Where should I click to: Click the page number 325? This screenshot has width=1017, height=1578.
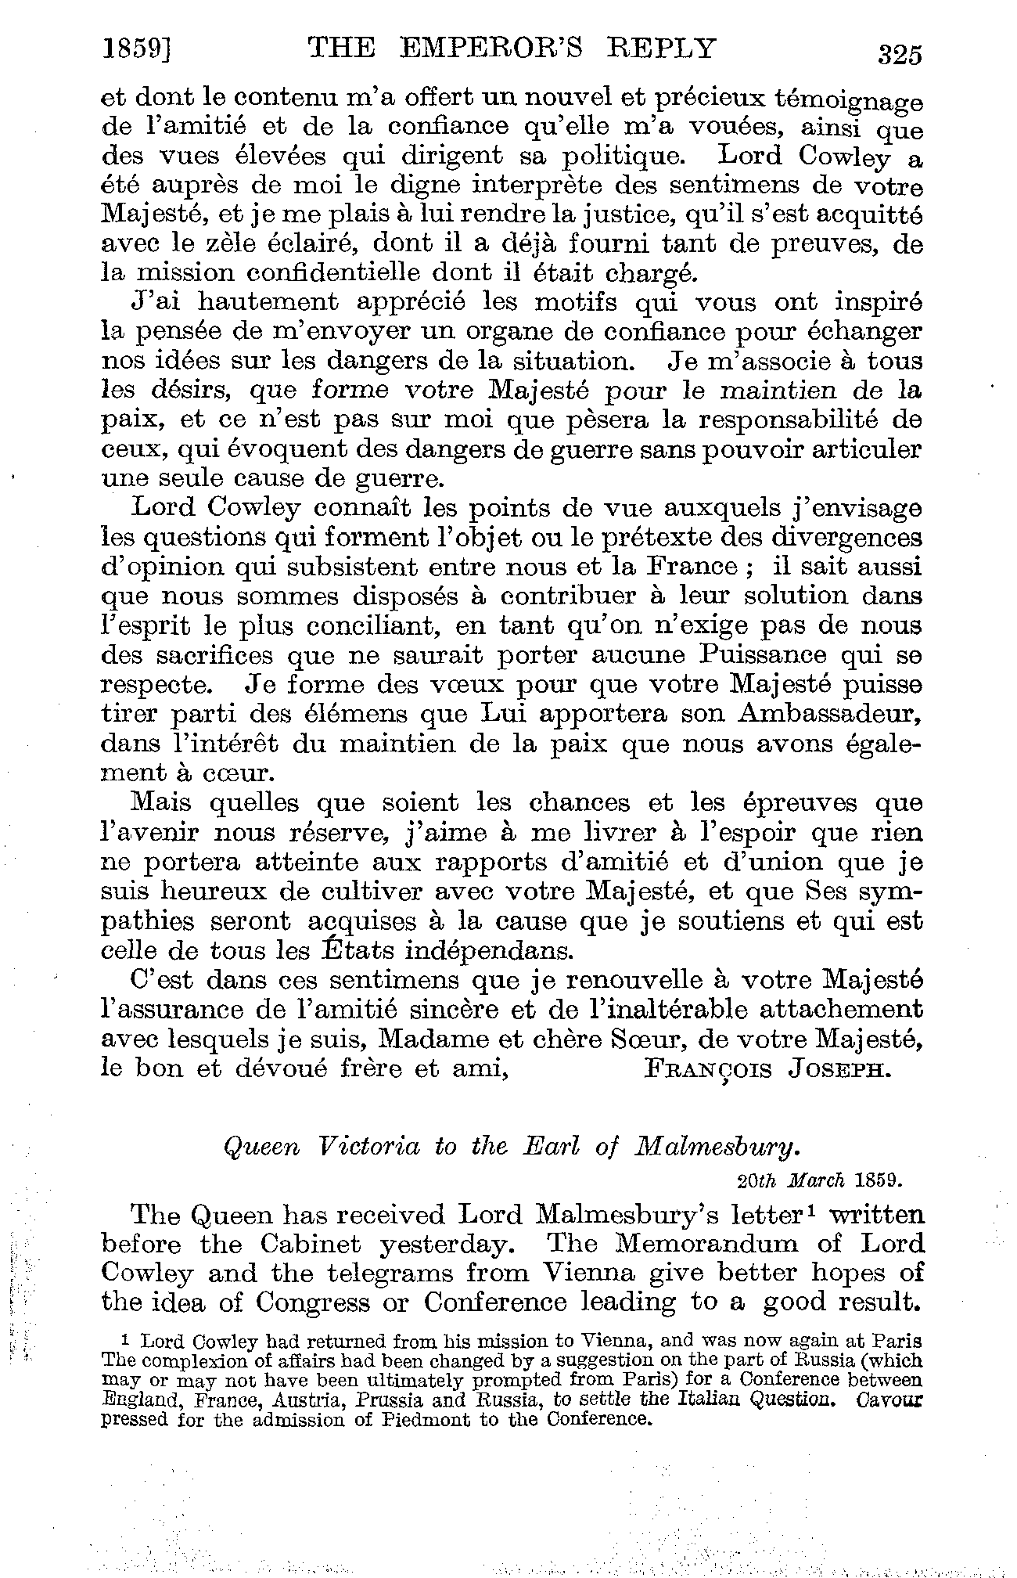tap(900, 54)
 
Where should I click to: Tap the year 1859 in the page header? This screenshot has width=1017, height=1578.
tap(135, 49)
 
